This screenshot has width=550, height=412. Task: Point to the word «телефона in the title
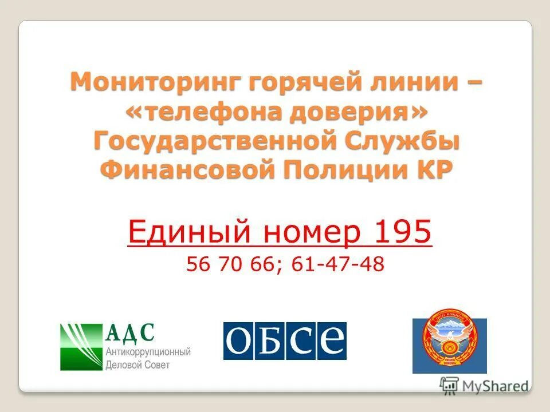[x=213, y=112]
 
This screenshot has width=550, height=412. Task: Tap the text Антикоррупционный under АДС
[x=148, y=352]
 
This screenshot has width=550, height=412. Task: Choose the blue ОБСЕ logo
[x=285, y=341]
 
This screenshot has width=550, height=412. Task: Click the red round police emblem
[x=450, y=346]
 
